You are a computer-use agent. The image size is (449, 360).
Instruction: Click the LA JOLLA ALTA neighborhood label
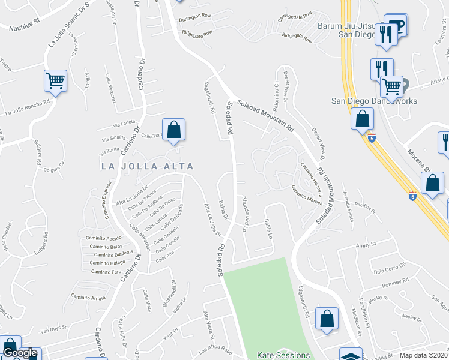147,166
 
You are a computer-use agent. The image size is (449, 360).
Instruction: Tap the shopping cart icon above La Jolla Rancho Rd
55,80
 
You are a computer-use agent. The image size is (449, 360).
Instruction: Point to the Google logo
20,353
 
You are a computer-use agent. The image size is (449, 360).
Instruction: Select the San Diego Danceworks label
375,101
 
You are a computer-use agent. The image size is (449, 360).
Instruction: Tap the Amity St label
365,245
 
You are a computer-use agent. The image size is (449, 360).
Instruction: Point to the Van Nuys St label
52,329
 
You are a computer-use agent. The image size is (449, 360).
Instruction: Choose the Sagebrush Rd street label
210,98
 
